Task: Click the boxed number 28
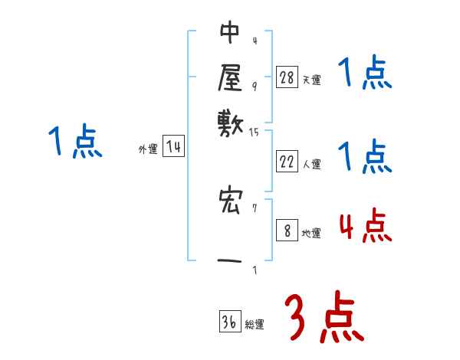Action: [x=287, y=77]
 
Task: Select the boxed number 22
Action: [x=287, y=162]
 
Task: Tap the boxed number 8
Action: [x=287, y=231]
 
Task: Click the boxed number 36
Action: [x=229, y=322]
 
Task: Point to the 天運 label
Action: [x=311, y=80]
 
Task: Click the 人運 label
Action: [x=312, y=164]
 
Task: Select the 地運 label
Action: [x=311, y=234]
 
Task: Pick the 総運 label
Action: [x=255, y=325]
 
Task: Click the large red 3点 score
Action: [x=324, y=319]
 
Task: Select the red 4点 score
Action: [x=365, y=227]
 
